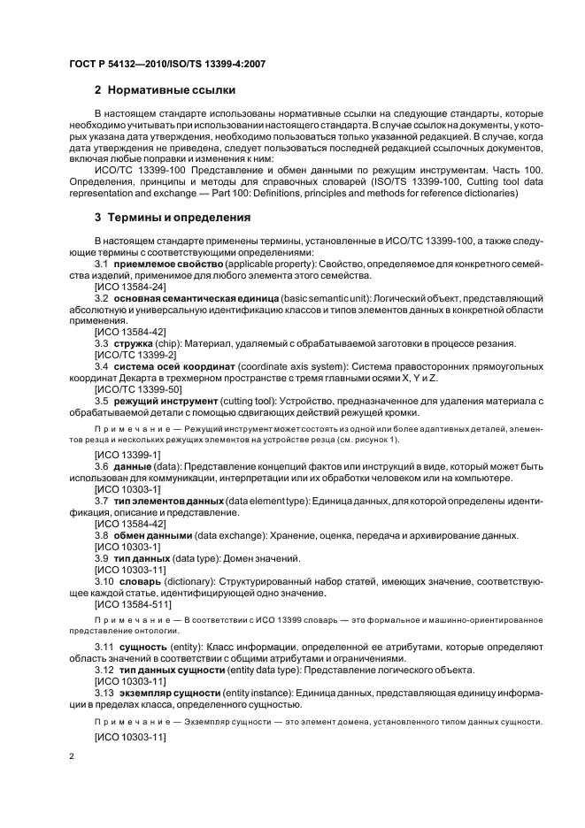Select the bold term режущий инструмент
pyautogui.click(x=168, y=400)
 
